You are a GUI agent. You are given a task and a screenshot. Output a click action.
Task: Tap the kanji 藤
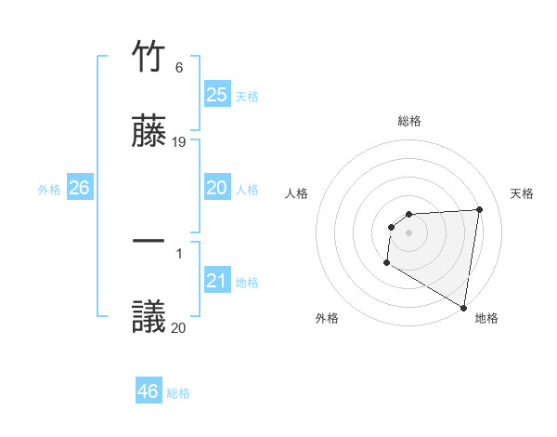pyautogui.click(x=149, y=132)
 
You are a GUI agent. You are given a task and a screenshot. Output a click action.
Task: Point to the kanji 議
pyautogui.click(x=149, y=317)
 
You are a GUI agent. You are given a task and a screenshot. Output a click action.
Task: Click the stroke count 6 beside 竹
pyautogui.click(x=179, y=69)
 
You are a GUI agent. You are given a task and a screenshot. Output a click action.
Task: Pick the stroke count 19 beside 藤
pyautogui.click(x=179, y=142)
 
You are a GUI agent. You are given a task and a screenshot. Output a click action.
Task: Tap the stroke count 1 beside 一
pyautogui.click(x=179, y=253)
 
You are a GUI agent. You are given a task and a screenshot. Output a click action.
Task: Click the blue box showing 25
pyautogui.click(x=216, y=94)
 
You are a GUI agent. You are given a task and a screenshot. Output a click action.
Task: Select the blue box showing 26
pyautogui.click(x=79, y=188)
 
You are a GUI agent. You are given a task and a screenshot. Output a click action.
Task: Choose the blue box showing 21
pyautogui.click(x=216, y=280)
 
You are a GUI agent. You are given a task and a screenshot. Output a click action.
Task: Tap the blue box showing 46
pyautogui.click(x=149, y=391)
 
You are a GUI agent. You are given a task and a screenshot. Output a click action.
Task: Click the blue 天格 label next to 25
pyautogui.click(x=247, y=96)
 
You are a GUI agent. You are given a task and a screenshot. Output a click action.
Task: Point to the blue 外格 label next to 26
pyautogui.click(x=49, y=190)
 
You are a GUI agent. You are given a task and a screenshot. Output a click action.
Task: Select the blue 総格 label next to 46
pyautogui.click(x=178, y=393)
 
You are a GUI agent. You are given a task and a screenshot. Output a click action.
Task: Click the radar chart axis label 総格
pyautogui.click(x=409, y=121)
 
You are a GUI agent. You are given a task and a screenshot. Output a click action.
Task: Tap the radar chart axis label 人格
pyautogui.click(x=297, y=193)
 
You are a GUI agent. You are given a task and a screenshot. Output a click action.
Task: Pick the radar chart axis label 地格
pyautogui.click(x=486, y=318)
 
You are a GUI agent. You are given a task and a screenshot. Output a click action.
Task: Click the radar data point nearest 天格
pyautogui.click(x=479, y=209)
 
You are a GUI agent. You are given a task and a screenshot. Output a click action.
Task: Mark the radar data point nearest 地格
pyautogui.click(x=463, y=307)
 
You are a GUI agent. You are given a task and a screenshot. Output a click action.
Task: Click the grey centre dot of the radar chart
pyautogui.click(x=408, y=232)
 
